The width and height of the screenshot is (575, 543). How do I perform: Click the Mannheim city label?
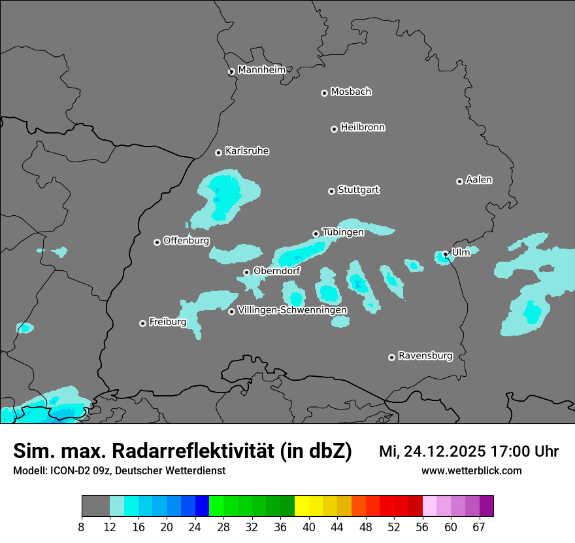click(x=261, y=69)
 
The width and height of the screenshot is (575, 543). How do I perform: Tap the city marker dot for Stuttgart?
click(x=331, y=191)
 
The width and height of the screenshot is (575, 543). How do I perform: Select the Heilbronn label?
click(x=363, y=127)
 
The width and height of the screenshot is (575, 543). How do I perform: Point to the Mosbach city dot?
click(x=324, y=93)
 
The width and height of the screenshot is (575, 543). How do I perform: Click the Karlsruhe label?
click(x=247, y=151)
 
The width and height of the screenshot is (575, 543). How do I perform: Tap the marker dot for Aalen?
click(x=459, y=181)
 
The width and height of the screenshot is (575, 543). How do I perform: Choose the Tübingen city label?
click(x=343, y=232)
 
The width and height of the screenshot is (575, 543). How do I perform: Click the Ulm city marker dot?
click(x=445, y=254)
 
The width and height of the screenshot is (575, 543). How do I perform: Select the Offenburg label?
click(x=186, y=240)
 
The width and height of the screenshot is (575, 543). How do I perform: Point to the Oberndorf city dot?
click(x=246, y=272)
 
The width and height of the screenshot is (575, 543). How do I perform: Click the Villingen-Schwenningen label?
click(x=292, y=309)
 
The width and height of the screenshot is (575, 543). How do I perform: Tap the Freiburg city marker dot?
click(x=142, y=323)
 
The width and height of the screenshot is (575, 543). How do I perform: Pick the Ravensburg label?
click(x=425, y=356)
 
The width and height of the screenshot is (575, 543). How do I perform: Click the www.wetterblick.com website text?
click(x=471, y=470)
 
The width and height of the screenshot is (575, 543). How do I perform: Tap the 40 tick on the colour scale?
click(x=309, y=527)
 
